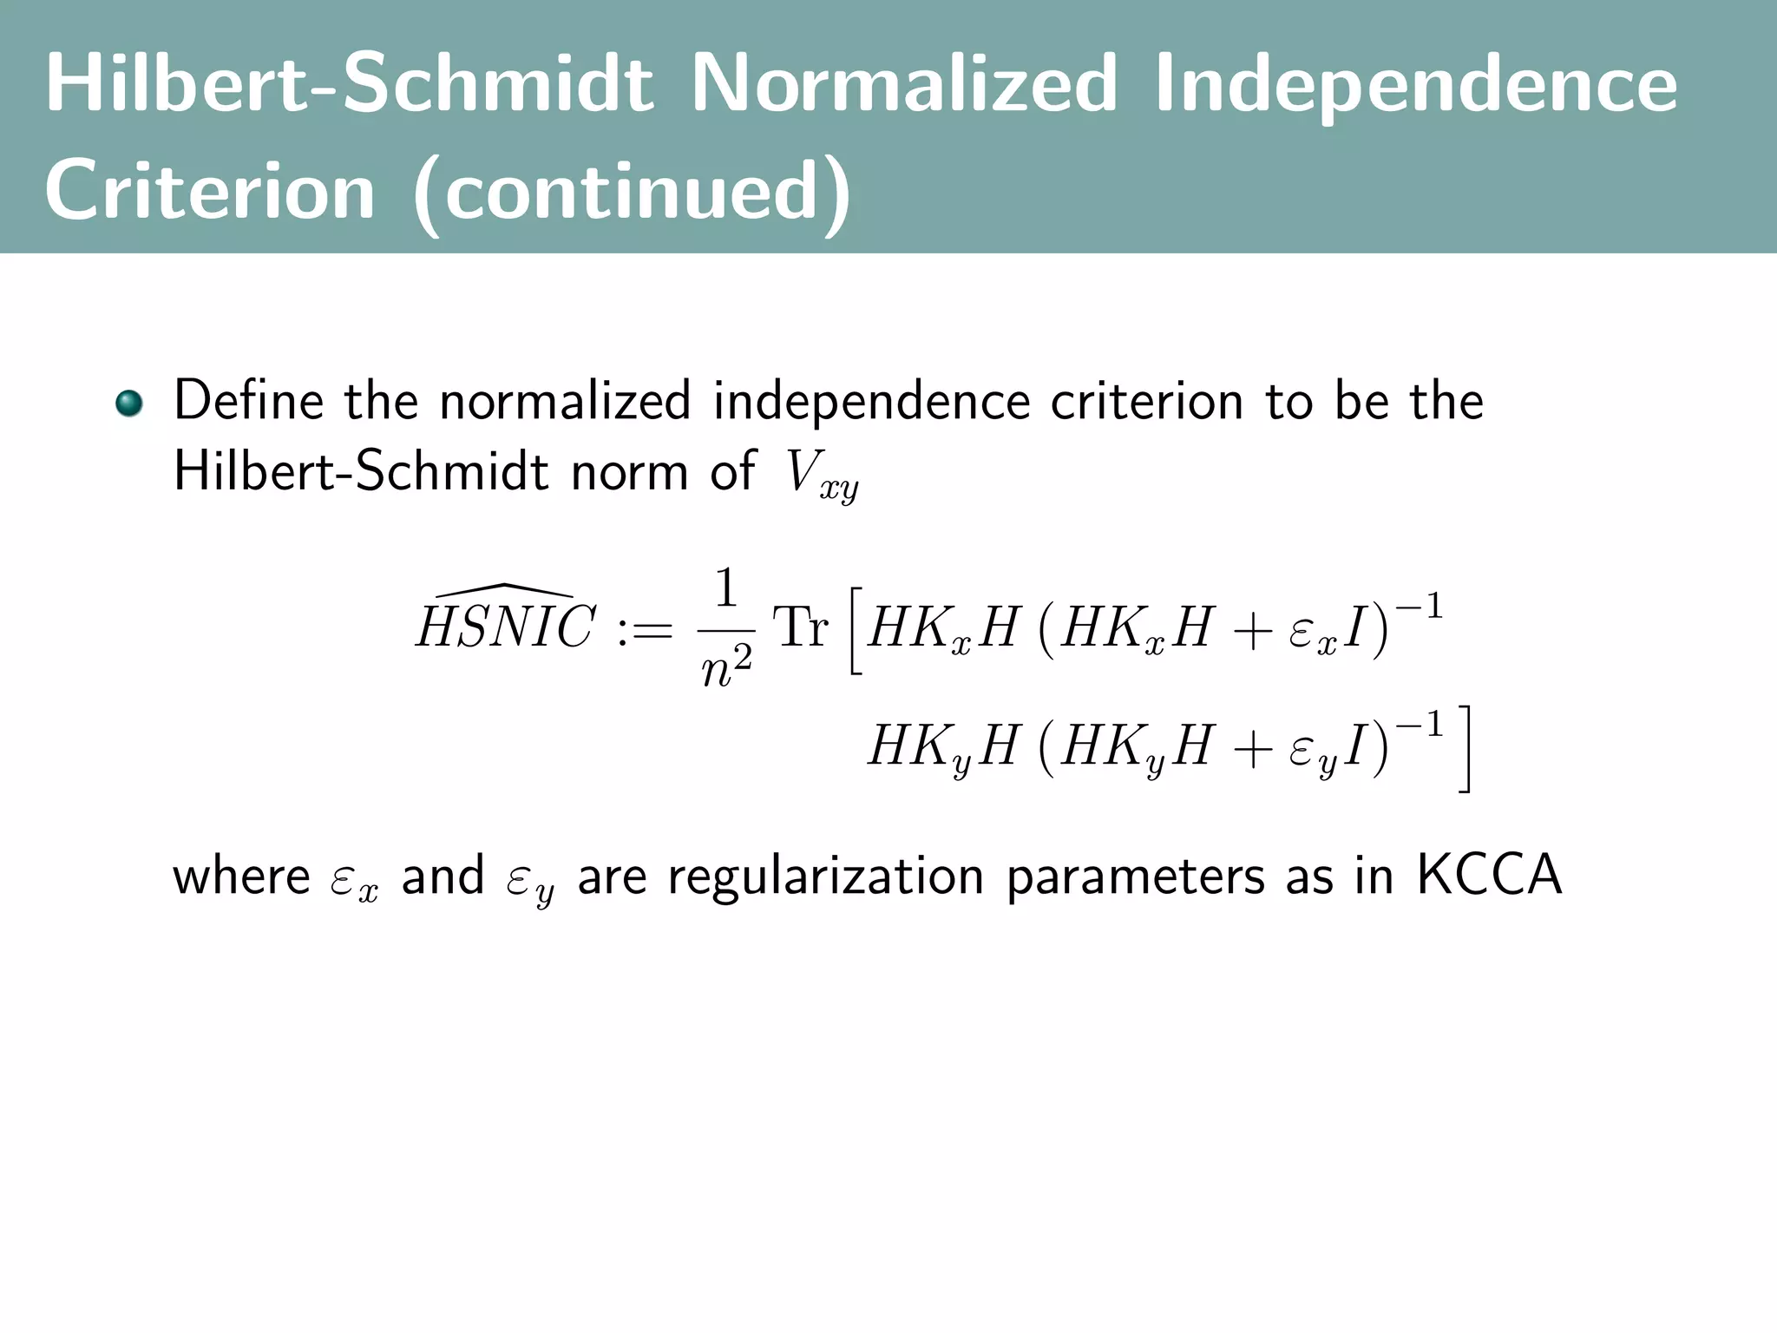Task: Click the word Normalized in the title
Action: (x=903, y=84)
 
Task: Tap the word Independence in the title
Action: (x=1416, y=84)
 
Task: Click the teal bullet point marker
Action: (x=129, y=404)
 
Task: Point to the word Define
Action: (x=248, y=401)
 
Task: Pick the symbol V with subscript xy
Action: (x=821, y=475)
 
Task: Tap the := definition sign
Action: (x=645, y=628)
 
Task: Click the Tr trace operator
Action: (x=800, y=627)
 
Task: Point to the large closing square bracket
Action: (x=1464, y=748)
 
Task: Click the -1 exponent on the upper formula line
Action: (x=1419, y=606)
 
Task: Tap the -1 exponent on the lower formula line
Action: (x=1419, y=724)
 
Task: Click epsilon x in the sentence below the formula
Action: (x=354, y=880)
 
